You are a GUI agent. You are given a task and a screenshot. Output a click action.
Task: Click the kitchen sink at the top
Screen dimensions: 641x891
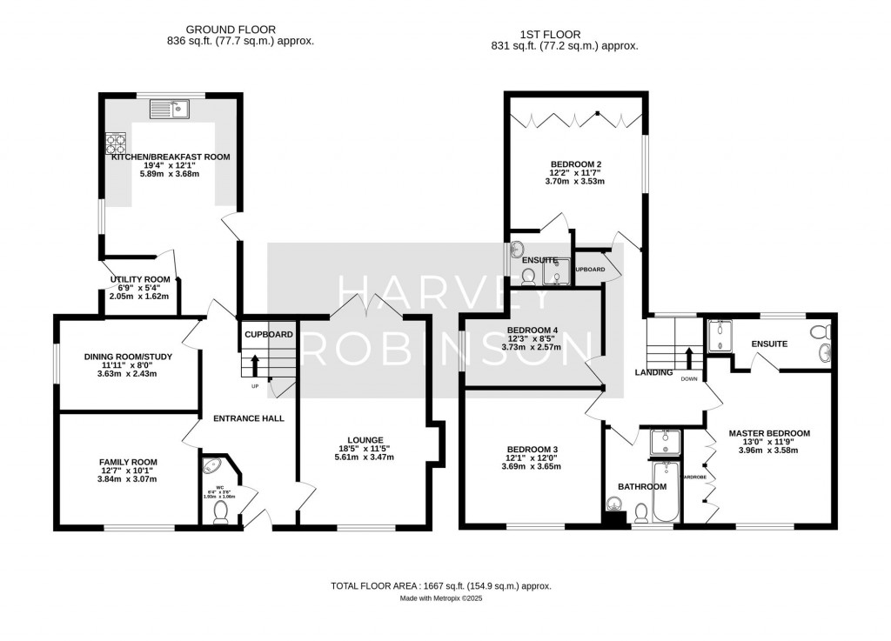tap(170, 109)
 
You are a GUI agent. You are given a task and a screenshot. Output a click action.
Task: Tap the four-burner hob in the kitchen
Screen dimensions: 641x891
tap(116, 142)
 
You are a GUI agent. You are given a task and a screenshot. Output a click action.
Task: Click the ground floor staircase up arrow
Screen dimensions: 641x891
tap(255, 364)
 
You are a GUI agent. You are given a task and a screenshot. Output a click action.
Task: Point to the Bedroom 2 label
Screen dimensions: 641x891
tap(576, 164)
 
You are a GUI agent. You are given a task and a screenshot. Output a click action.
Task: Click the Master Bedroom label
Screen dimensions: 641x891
tap(769, 433)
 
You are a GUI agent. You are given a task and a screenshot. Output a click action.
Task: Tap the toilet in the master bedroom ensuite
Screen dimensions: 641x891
tap(818, 333)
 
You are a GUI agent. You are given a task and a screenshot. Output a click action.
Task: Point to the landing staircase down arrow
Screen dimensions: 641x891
tap(688, 357)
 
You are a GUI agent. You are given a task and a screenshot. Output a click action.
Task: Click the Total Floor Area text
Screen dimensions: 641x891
tap(440, 586)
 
